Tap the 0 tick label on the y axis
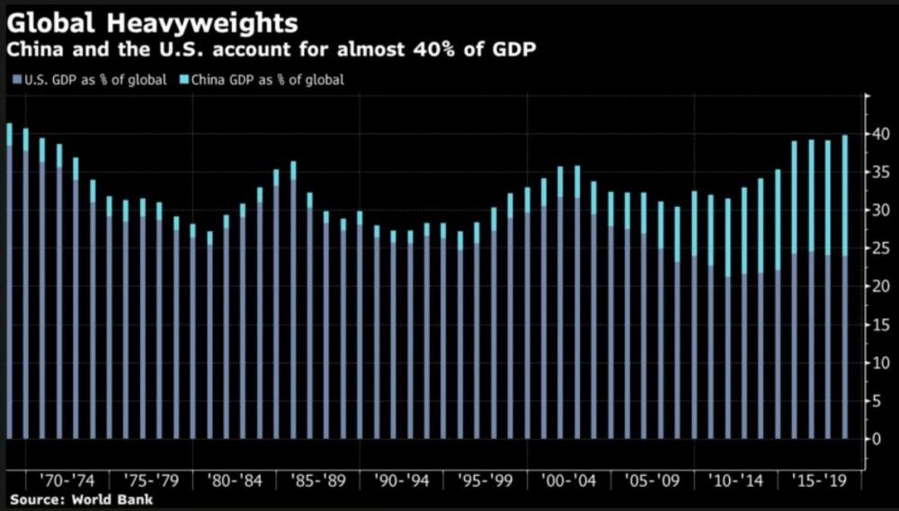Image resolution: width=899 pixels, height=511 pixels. tap(877, 439)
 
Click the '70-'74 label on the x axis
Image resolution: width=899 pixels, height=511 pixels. tap(67, 480)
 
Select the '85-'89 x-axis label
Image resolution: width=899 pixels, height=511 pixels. tap(318, 480)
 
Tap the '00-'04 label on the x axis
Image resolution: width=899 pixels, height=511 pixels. tap(569, 480)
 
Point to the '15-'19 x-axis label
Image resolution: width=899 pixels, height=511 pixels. tap(819, 480)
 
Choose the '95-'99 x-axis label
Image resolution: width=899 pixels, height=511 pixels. tap(485, 480)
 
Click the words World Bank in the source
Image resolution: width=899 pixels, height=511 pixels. tap(111, 499)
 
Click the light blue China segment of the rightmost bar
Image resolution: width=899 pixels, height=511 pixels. tap(844, 195)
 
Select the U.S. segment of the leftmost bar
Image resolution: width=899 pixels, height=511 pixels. tap(9, 292)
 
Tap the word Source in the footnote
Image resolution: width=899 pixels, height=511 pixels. tap(36, 499)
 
